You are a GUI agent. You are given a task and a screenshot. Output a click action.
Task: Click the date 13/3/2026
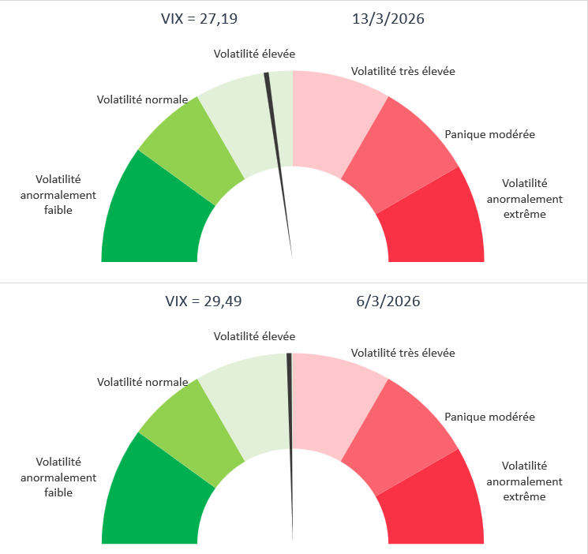click(x=388, y=19)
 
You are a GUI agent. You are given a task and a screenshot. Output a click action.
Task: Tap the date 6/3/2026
click(x=388, y=301)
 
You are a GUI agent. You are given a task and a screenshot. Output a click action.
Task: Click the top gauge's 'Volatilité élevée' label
click(x=254, y=54)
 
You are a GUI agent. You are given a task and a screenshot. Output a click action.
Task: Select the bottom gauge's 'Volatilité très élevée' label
click(x=403, y=353)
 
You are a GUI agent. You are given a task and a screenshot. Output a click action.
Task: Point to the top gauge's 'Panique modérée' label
click(x=489, y=134)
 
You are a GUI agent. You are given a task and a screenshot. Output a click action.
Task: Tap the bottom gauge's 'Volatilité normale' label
click(x=142, y=382)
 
